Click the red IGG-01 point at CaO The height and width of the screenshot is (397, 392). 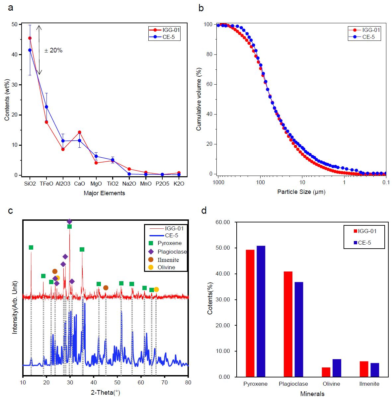(79, 132)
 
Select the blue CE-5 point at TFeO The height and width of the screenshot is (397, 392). (46, 107)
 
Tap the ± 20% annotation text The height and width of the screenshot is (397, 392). (53, 50)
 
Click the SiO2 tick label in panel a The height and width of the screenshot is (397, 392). (30, 184)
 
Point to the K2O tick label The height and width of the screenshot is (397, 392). (179, 184)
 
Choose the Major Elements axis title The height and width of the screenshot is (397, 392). (104, 193)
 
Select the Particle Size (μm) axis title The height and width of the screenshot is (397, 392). (301, 192)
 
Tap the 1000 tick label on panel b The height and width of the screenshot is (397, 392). (218, 182)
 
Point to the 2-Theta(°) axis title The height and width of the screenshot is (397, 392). (105, 393)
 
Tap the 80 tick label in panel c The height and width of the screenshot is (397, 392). (188, 382)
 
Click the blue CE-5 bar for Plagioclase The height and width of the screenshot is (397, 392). (299, 329)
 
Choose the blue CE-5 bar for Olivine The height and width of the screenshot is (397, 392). (337, 368)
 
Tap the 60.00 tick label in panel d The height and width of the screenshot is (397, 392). (222, 222)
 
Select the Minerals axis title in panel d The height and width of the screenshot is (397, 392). (312, 394)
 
